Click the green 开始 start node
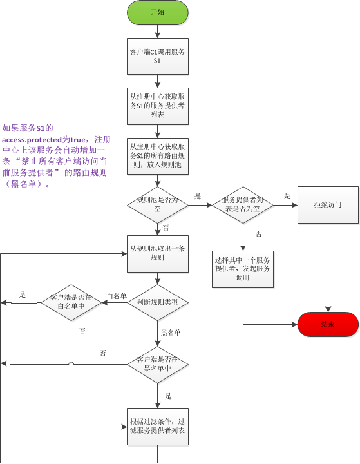[x=157, y=13]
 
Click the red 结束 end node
[x=327, y=324]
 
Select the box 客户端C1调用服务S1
[x=157, y=56]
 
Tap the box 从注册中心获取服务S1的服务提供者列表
[x=157, y=105]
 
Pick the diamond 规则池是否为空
[x=157, y=205]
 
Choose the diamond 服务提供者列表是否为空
[x=243, y=205]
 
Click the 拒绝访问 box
[x=327, y=205]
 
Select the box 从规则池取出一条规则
[x=157, y=253]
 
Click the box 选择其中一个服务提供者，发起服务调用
[x=243, y=268]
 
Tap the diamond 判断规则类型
[x=157, y=302]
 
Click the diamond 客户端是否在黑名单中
[x=157, y=363]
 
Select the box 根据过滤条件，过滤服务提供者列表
[x=157, y=426]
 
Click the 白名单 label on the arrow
[x=117, y=296]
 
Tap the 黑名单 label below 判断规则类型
[x=171, y=333]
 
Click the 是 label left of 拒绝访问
[x=287, y=197]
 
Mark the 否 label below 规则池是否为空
[x=166, y=228]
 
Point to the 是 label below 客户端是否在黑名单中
[x=168, y=396]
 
